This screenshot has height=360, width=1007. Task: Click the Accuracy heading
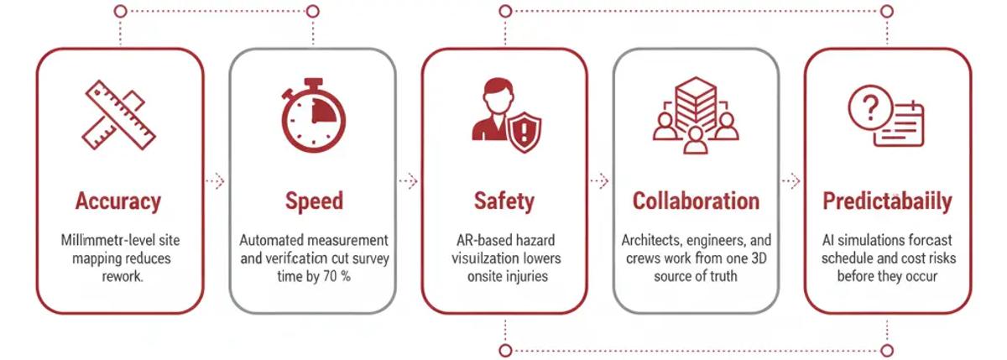coord(117,202)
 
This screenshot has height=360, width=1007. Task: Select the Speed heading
coord(313,202)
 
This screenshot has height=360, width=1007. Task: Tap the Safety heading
coord(503,202)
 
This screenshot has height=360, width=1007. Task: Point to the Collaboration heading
coord(696,202)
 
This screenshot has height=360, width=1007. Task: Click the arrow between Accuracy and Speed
coord(216,181)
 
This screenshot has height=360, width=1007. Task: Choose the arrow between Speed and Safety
coord(408,181)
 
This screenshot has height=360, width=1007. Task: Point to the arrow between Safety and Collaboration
coord(599,181)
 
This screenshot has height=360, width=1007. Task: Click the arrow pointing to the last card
coord(791,181)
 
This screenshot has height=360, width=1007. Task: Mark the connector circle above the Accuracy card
coord(120,12)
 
